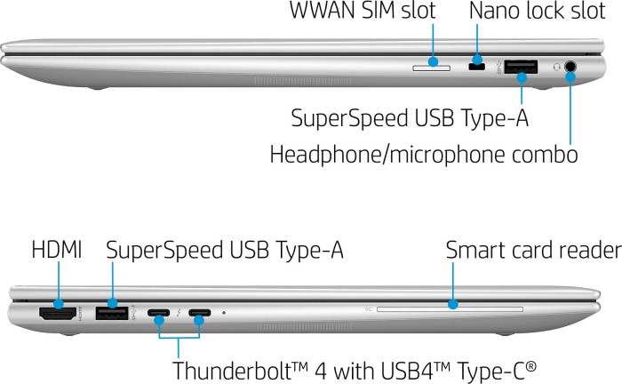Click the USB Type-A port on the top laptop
click(x=522, y=66)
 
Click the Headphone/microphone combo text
click(x=424, y=155)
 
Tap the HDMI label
click(x=56, y=250)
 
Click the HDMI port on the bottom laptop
click(x=59, y=313)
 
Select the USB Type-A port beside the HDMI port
click(x=113, y=313)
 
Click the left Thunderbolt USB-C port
click(x=159, y=313)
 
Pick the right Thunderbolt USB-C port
click(x=200, y=313)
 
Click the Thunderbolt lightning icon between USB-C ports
click(x=179, y=313)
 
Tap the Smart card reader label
click(x=531, y=250)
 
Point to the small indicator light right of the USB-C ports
click(x=223, y=313)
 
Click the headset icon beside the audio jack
click(x=554, y=66)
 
